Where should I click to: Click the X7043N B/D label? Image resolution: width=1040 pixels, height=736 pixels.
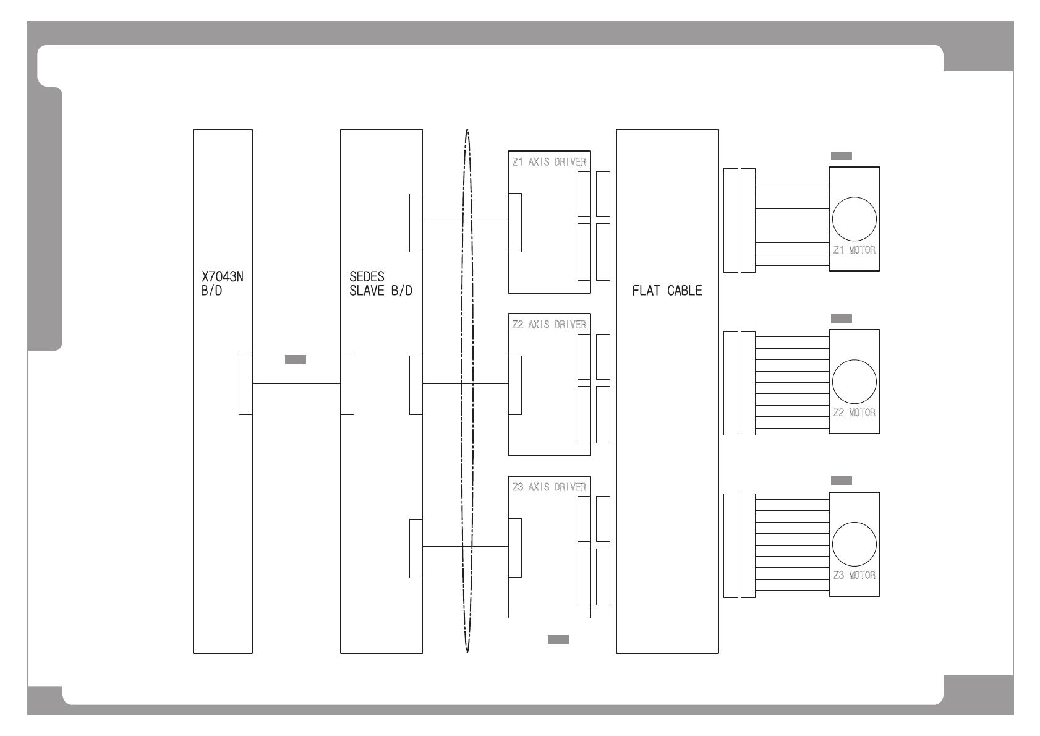point(222,283)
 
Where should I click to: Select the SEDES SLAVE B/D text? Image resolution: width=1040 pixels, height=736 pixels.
point(381,283)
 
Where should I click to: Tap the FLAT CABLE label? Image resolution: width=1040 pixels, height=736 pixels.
point(667,291)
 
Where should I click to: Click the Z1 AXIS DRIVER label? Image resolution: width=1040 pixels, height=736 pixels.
point(549,161)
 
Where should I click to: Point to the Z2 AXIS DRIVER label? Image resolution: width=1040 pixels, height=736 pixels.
point(549,324)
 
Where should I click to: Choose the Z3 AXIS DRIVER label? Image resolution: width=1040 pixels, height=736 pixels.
point(549,487)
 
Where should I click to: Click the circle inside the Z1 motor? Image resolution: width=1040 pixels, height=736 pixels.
point(855,219)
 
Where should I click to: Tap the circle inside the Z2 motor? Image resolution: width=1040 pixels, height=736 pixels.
point(855,382)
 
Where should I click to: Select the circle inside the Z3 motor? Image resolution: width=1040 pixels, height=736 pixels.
point(855,544)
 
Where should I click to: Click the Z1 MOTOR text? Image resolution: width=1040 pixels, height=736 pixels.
point(855,250)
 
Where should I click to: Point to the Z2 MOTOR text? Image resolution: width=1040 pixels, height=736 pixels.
point(855,413)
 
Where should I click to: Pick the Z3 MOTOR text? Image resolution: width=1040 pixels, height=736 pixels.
point(855,575)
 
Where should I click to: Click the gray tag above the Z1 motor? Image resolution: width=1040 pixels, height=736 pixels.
point(842,156)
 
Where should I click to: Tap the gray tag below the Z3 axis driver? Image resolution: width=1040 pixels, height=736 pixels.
point(558,640)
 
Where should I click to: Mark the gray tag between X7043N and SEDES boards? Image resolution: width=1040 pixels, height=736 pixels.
point(296,359)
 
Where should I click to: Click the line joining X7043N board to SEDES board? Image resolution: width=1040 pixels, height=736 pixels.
point(296,383)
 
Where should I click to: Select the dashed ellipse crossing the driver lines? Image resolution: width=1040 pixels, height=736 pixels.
point(461,390)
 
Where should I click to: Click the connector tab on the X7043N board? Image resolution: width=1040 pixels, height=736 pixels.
point(245,385)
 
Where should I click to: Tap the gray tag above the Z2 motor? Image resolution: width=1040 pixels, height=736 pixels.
point(842,318)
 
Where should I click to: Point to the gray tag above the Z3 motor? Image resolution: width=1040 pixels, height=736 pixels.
point(842,481)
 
